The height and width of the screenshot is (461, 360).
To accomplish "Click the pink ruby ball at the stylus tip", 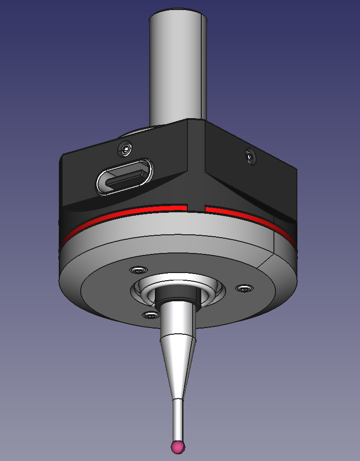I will [178, 447].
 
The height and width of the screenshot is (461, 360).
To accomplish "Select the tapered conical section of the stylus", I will [177, 354].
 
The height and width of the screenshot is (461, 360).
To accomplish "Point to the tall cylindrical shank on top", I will [178, 67].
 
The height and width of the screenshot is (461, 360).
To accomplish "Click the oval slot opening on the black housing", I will [124, 176].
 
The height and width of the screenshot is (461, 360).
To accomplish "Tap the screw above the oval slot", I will [125, 150].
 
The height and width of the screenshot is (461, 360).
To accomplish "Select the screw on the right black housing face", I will [249, 155].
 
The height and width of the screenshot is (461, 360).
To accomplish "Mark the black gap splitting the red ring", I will [195, 208].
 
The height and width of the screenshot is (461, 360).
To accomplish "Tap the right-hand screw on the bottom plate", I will [244, 288].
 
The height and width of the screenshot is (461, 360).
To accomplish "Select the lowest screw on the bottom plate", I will [151, 314].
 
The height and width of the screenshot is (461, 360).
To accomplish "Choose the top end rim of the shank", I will [178, 13].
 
